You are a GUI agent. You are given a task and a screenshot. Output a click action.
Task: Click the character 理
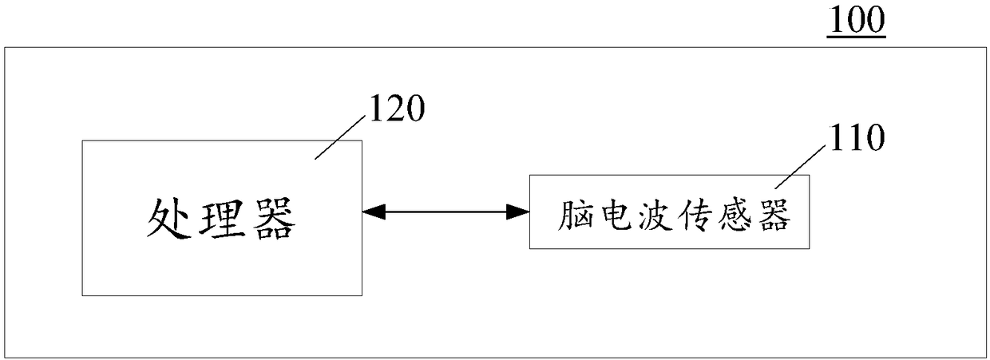point(221,219)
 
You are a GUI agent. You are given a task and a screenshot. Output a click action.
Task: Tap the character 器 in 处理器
point(271,219)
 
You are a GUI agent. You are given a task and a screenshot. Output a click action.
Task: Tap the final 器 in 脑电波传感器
point(776,214)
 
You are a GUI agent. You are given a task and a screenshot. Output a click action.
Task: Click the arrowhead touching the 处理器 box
point(373,212)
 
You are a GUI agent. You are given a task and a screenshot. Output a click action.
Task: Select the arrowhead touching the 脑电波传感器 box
point(519,212)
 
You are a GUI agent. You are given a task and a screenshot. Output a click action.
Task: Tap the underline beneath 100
point(856,35)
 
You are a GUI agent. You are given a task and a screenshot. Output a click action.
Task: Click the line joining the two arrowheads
point(445,212)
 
